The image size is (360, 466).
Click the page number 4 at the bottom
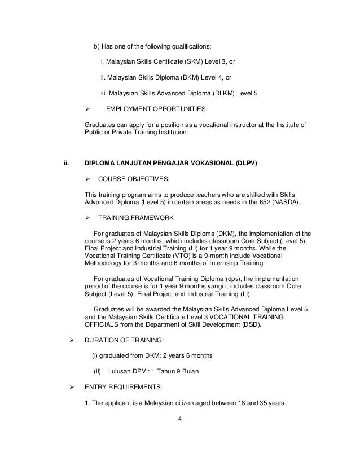tap(179, 419)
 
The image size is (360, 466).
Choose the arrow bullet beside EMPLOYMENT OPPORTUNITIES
tap(87, 109)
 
